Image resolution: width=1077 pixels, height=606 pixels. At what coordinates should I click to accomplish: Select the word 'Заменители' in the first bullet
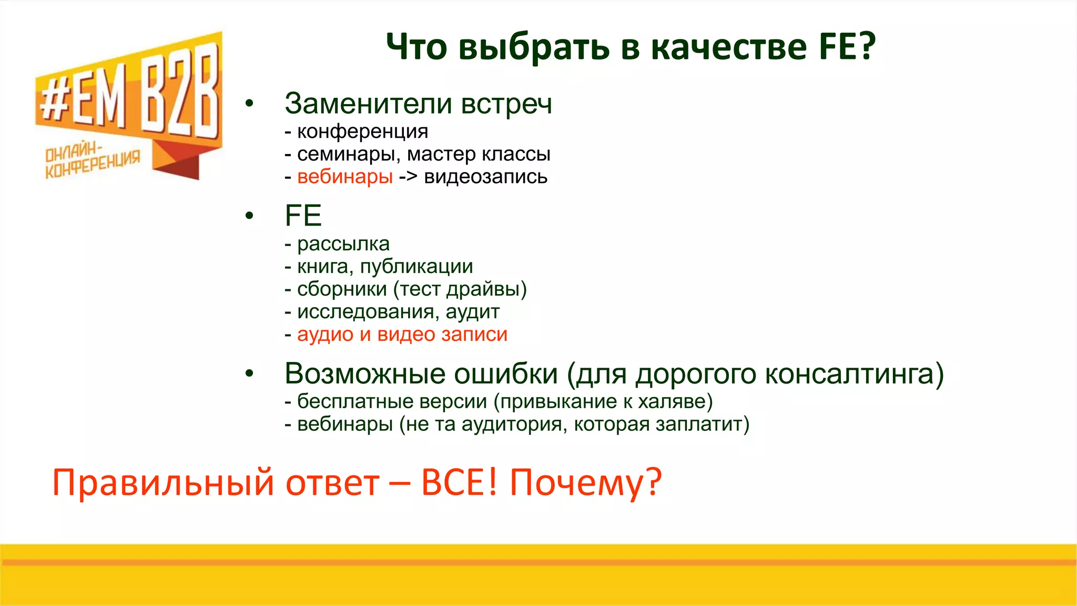[x=368, y=104]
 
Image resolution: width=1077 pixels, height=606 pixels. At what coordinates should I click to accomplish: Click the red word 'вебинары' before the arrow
[x=345, y=177]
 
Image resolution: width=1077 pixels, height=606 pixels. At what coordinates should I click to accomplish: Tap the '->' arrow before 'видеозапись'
[x=408, y=177]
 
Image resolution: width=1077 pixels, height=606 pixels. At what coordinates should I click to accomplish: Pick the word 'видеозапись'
[x=485, y=177]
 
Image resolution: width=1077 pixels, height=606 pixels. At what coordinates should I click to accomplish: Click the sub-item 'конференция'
[x=362, y=132]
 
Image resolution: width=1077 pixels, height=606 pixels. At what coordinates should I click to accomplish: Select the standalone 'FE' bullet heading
[x=303, y=216]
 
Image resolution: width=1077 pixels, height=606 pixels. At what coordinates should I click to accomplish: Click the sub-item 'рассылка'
[x=343, y=244]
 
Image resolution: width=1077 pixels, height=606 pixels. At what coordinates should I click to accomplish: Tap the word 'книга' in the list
[x=324, y=267]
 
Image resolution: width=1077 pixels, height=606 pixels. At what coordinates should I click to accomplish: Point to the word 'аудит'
[x=472, y=312]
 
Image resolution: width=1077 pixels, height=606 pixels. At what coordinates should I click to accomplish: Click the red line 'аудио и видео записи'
[x=402, y=335]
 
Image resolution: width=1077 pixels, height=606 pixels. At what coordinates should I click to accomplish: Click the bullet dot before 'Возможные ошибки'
[x=249, y=373]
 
